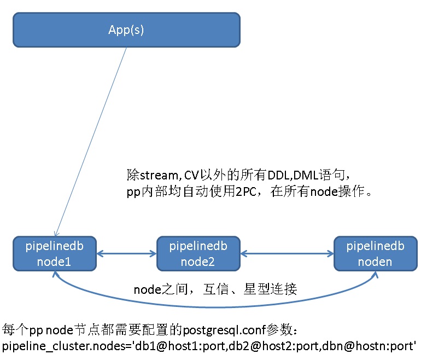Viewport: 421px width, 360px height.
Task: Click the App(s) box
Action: [126, 30]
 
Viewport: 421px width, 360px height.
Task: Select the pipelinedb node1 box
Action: [55, 254]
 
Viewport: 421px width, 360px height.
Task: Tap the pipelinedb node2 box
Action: [198, 254]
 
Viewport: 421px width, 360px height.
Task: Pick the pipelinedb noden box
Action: [376, 254]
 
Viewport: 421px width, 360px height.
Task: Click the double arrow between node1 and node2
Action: [126, 254]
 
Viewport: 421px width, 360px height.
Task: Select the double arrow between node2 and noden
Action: [287, 254]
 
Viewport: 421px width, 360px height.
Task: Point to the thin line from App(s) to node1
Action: [91, 142]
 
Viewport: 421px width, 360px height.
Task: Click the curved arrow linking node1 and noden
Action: [215, 306]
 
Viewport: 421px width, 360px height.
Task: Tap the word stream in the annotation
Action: [159, 176]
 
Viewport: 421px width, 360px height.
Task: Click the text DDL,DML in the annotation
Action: [293, 176]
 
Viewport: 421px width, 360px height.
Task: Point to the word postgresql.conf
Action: [225, 330]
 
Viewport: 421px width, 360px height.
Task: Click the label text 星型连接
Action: [270, 289]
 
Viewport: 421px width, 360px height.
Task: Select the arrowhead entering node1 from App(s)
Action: [56, 233]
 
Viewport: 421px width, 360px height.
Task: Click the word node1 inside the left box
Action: [54, 262]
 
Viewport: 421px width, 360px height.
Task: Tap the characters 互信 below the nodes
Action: [216, 289]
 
